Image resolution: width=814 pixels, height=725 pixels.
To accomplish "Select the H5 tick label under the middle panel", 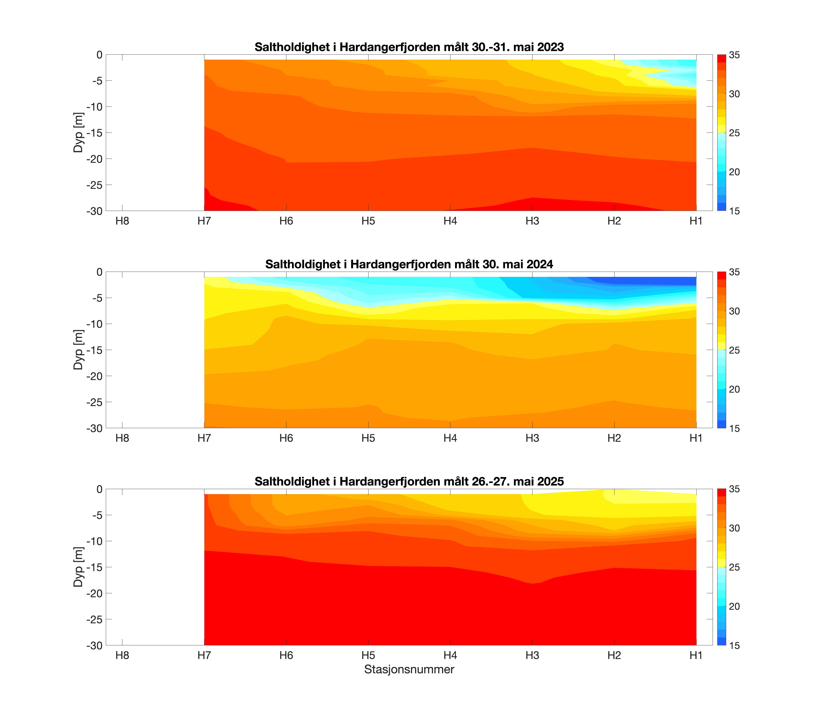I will point(368,438).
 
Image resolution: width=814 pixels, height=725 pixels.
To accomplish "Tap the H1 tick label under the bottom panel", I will point(696,655).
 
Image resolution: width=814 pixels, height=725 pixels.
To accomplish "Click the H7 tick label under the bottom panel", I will point(204,655).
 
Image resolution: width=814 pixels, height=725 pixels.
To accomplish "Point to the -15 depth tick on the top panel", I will point(94,133).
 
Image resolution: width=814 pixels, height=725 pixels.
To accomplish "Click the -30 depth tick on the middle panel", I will point(94,428).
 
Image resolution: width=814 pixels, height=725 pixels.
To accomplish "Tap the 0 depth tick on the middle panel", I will point(99,272).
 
